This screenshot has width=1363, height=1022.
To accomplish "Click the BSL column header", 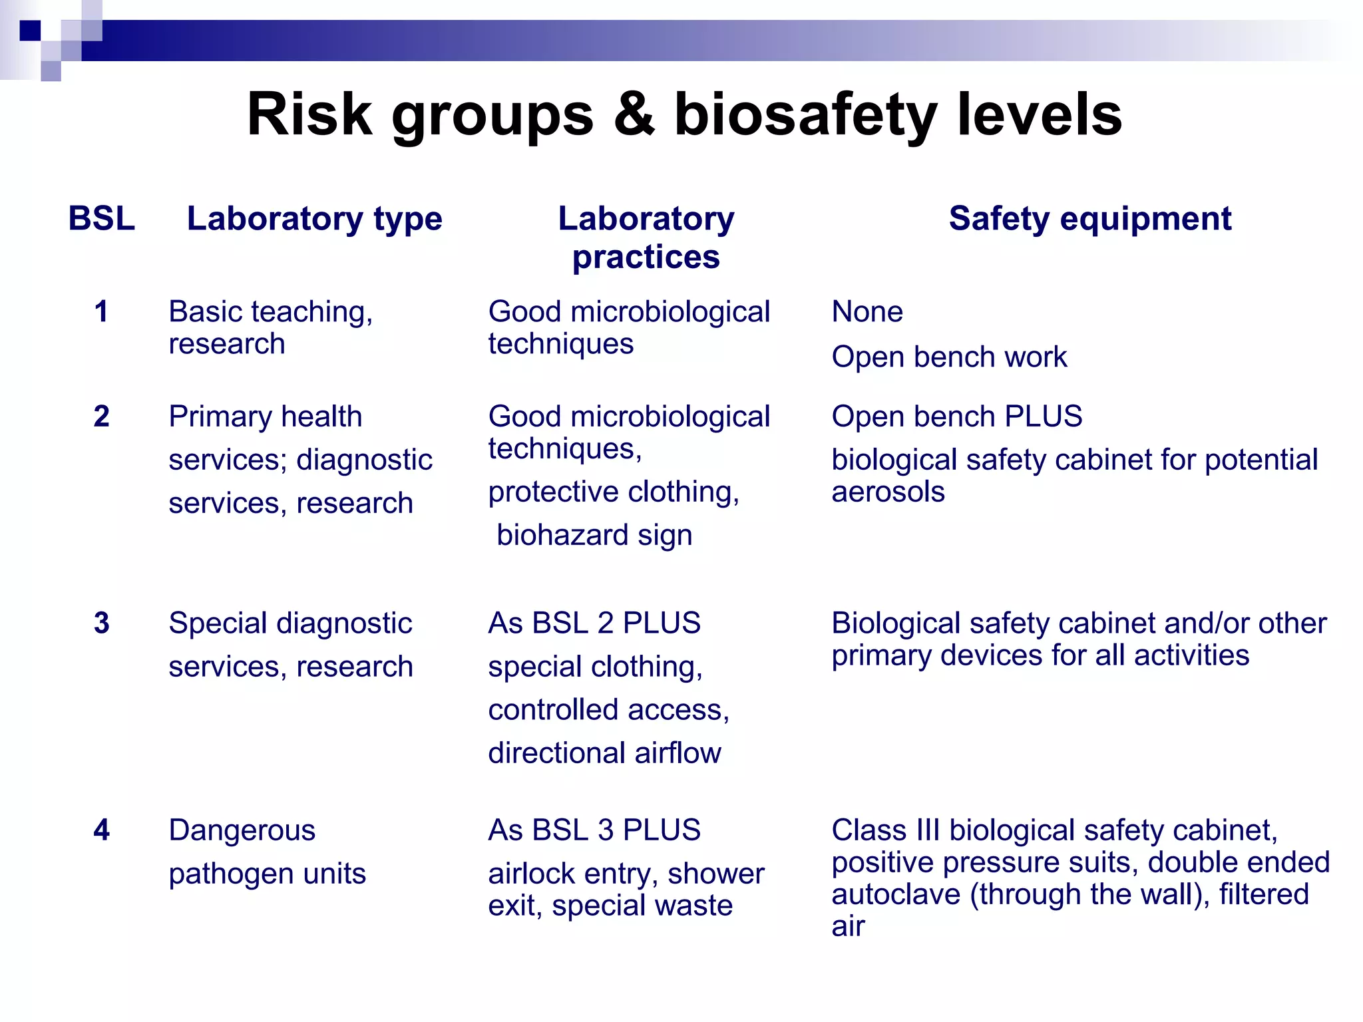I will click(x=101, y=218).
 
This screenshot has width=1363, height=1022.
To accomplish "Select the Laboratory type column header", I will click(x=314, y=218).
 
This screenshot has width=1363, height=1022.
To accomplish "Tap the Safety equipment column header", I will click(x=1090, y=218).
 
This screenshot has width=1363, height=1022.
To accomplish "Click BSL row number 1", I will click(x=101, y=311).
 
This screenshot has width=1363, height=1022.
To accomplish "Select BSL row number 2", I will click(x=101, y=417).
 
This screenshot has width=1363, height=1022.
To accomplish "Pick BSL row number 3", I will click(x=101, y=623).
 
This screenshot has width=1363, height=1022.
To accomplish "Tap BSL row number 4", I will click(x=101, y=830).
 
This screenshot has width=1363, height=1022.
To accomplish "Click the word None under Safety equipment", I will click(x=867, y=311).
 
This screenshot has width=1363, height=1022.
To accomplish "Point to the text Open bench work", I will click(x=949, y=357).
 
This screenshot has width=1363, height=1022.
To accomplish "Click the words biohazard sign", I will click(x=594, y=535).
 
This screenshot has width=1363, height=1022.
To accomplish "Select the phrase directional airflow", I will click(x=604, y=753).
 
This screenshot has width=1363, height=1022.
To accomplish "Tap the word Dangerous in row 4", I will click(x=242, y=830).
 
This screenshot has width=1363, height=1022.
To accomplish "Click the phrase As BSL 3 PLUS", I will click(x=594, y=830).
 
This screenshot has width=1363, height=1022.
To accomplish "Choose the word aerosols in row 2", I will click(x=888, y=492).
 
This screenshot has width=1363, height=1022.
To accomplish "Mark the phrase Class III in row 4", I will click(x=886, y=830).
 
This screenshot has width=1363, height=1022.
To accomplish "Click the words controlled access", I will click(x=608, y=710).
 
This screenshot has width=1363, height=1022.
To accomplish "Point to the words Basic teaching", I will click(x=270, y=311).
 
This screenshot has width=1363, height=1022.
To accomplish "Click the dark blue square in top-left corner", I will click(x=30, y=31).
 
